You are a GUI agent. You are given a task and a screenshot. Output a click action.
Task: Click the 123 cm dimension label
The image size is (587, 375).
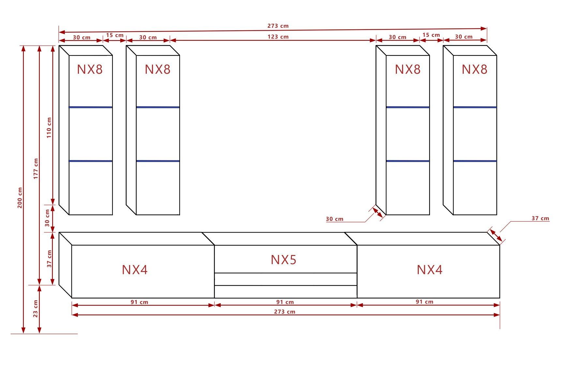278,37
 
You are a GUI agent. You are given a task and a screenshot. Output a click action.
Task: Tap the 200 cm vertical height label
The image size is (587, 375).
20,198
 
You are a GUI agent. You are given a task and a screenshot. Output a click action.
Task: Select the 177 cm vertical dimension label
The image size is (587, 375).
36,168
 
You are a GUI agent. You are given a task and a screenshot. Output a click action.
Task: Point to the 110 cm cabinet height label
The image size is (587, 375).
49,127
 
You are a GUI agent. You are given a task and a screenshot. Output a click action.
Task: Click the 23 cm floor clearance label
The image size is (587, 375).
36,308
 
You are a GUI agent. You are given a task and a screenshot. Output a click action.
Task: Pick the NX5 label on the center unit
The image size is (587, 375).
283,260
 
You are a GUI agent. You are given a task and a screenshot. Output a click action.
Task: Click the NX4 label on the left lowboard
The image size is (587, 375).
135,270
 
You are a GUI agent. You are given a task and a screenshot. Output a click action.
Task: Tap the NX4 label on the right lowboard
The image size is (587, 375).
429,270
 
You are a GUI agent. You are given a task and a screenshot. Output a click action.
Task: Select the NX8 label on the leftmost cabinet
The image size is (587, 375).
90,69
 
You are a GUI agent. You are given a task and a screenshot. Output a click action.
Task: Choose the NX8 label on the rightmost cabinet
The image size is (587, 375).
474,69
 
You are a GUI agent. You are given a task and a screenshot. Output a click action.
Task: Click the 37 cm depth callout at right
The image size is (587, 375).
540,218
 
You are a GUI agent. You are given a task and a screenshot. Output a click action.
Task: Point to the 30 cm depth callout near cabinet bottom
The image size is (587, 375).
335,219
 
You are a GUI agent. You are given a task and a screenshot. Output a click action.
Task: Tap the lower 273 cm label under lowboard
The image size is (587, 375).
284,311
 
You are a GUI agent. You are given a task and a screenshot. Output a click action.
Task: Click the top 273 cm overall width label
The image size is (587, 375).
278,26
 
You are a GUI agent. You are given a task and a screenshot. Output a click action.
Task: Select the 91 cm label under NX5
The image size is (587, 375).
285,302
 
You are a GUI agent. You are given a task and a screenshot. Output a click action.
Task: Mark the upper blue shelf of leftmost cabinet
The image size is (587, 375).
90,107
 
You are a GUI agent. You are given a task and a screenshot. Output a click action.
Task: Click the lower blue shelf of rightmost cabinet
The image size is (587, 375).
475,161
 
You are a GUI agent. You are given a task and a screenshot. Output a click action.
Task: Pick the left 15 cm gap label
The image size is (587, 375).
115,35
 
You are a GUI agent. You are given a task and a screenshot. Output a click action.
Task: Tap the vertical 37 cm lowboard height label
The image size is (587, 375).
49,259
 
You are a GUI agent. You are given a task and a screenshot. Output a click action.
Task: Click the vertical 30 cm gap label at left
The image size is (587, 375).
47,218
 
